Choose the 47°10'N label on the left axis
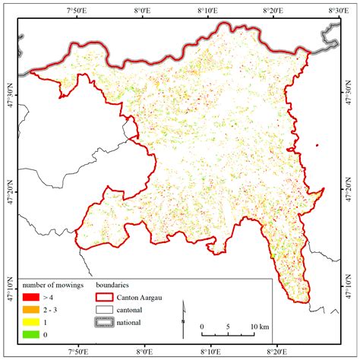(9, 289)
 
